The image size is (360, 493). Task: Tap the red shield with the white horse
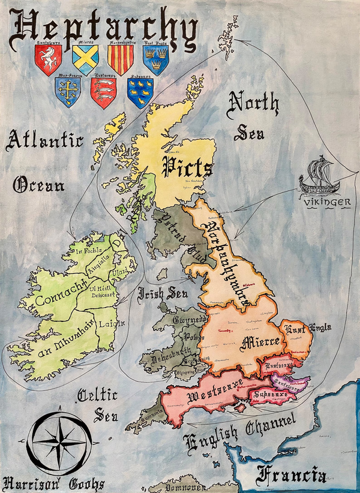coord(48,59)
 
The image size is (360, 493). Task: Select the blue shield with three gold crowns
coord(155,59)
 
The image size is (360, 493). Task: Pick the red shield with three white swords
coord(103,92)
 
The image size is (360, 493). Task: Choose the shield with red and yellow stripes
coord(120,59)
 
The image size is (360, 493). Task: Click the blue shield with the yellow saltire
coord(85,59)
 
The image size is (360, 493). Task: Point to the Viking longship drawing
coord(323,176)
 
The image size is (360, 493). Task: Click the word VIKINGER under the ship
coord(328,202)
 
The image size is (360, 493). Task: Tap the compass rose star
coord(59,442)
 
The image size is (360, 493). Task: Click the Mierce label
coord(260,342)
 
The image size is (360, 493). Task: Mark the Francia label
coord(291,476)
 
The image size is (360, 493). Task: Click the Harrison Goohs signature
coord(53,483)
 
